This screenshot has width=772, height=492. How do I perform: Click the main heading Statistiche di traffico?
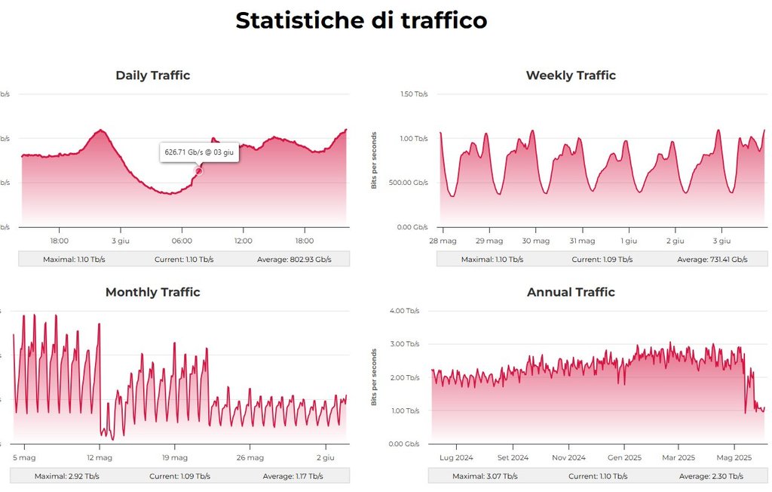[x=361, y=21]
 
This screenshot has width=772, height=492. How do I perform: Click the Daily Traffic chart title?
[x=152, y=75]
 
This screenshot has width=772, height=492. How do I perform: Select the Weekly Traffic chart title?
[x=571, y=75]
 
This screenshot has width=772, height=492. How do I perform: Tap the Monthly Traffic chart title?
[x=152, y=292]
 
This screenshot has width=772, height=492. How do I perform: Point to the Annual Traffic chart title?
[x=571, y=292]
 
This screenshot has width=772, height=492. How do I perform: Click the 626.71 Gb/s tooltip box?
[x=199, y=152]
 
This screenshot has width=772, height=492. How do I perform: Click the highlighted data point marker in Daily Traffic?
[x=199, y=171]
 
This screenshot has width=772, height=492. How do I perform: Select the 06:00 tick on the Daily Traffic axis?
[x=182, y=241]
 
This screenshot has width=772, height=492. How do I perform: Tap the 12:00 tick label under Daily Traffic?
[x=243, y=241]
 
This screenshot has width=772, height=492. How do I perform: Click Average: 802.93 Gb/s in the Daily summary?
[x=293, y=260]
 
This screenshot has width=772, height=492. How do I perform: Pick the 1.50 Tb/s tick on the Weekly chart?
[x=414, y=94]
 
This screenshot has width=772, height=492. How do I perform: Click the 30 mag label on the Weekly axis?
[x=535, y=241]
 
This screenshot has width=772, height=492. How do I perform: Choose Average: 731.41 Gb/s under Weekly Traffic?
[x=712, y=260]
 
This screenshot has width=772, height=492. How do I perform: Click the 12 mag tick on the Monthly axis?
[x=100, y=457]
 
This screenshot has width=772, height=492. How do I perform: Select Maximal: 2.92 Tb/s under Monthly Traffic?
[x=66, y=476]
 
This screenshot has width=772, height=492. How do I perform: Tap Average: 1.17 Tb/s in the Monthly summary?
[x=293, y=476]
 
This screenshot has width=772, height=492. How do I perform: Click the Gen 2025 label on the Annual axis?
[x=624, y=457]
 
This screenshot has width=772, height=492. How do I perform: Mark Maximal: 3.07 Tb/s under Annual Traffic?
[x=485, y=476]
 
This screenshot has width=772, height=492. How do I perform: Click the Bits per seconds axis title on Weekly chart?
[x=374, y=160]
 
